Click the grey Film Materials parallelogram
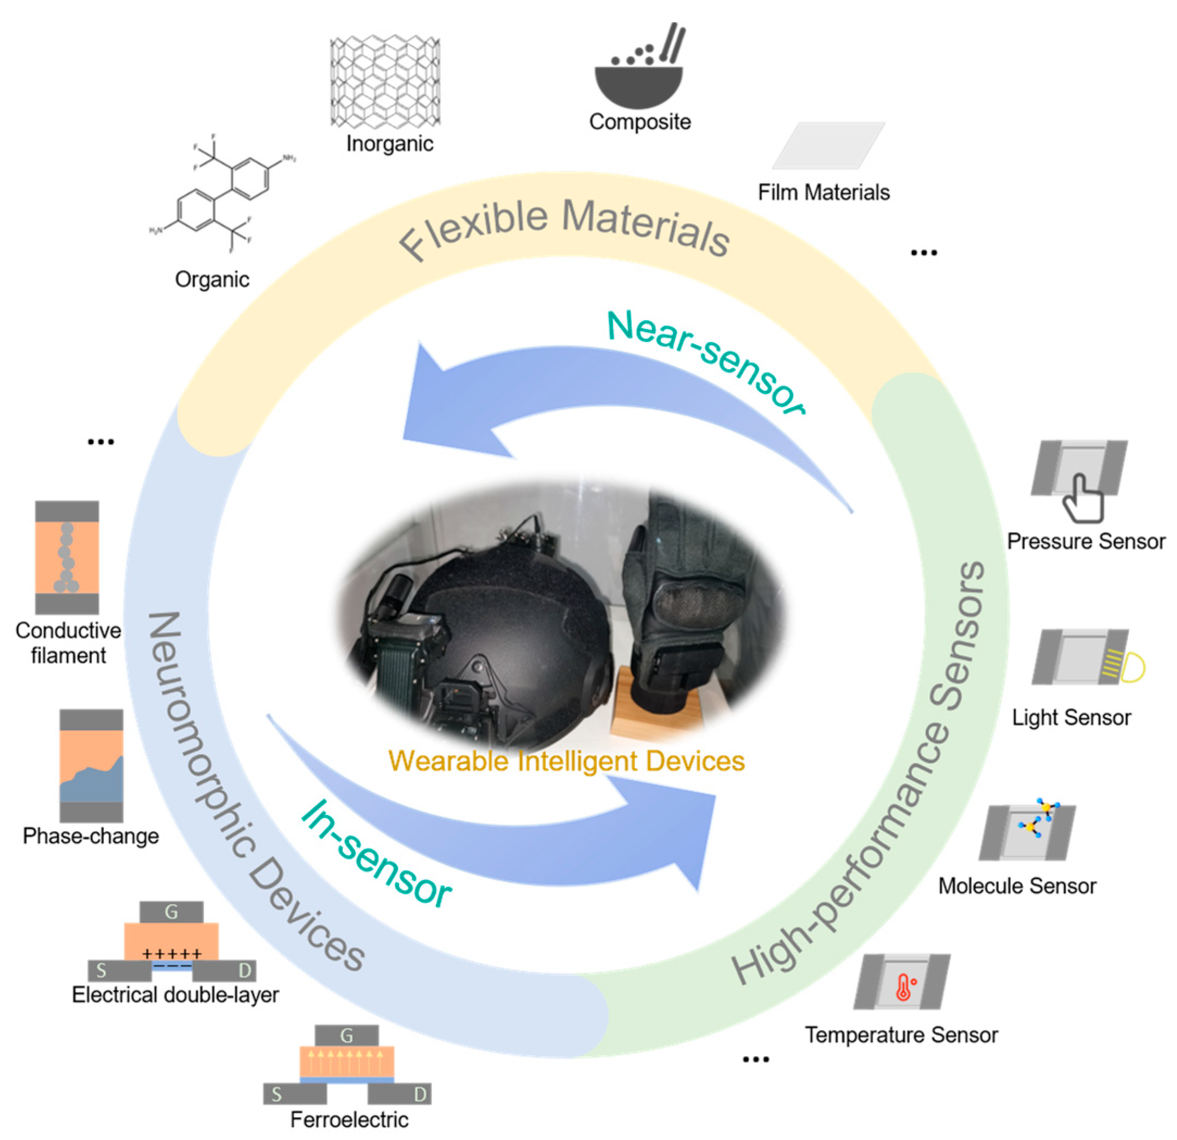pyautogui.click(x=828, y=145)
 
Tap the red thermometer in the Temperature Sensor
pyautogui.click(x=903, y=987)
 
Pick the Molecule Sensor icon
pyautogui.click(x=1028, y=832)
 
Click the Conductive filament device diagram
pyautogui.click(x=67, y=557)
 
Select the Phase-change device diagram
pyautogui.click(x=91, y=765)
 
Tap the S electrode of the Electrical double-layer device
pyautogui.click(x=119, y=971)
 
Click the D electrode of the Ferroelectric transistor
pyautogui.click(x=400, y=1094)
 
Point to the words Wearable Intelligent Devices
pyautogui.click(x=566, y=761)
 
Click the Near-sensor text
pyautogui.click(x=706, y=360)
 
